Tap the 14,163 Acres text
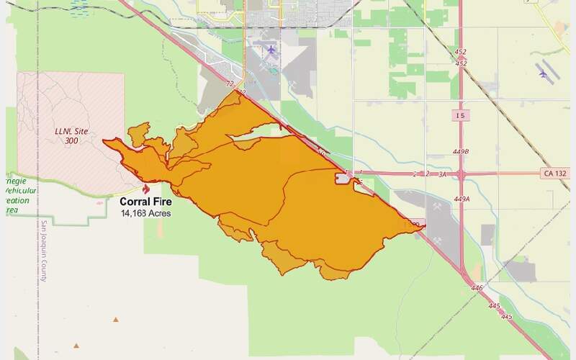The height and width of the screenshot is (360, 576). [145, 213]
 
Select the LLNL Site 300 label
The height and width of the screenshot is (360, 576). [71, 135]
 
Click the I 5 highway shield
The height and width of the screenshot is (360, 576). [462, 115]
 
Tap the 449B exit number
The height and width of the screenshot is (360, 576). [462, 152]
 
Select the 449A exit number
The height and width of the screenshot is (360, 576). [462, 199]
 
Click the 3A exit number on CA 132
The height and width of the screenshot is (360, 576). [441, 174]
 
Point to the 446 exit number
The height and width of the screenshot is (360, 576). [477, 288]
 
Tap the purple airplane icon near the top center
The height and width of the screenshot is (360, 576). [271, 50]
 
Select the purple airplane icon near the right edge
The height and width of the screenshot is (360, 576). [542, 73]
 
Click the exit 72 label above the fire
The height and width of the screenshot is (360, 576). [230, 84]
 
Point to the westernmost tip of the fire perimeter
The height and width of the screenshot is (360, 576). [104, 141]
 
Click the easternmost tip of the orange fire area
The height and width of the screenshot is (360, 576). [425, 226]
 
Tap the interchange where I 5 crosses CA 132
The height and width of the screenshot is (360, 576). [462, 174]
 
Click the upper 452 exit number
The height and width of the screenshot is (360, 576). [462, 51]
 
